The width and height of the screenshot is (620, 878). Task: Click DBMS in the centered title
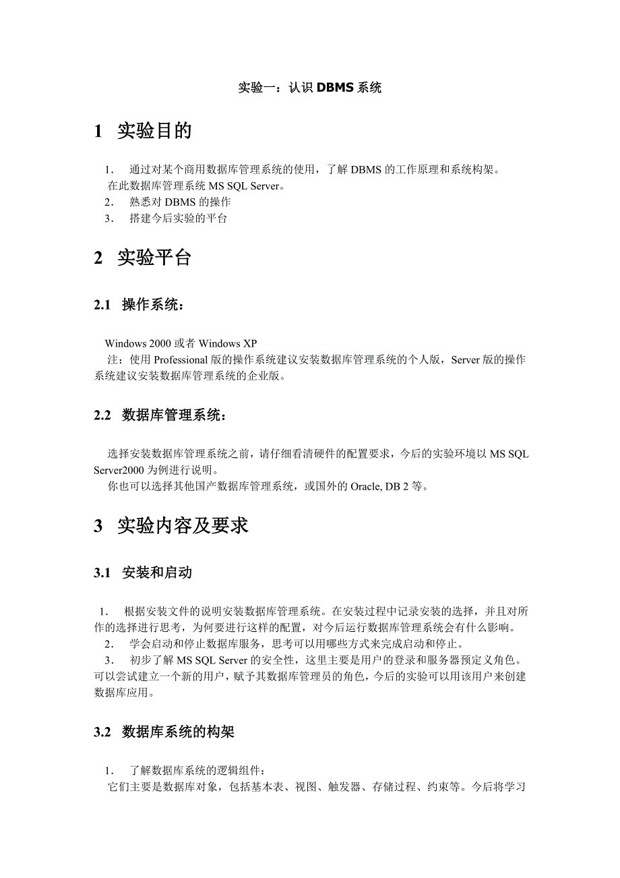pos(333,88)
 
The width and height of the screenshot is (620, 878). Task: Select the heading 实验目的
pos(154,131)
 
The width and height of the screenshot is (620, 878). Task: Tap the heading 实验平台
pos(154,257)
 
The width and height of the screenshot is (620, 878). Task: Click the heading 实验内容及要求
pos(183,526)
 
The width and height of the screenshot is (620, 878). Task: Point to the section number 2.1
pos(102,305)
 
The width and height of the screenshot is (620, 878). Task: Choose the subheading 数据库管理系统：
pos(175,415)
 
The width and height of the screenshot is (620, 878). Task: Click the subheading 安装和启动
pos(157,573)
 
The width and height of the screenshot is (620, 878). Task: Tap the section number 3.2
pos(102,732)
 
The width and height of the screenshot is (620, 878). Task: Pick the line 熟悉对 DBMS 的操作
pos(180,202)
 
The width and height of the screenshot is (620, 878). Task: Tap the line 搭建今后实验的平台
pos(178,218)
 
